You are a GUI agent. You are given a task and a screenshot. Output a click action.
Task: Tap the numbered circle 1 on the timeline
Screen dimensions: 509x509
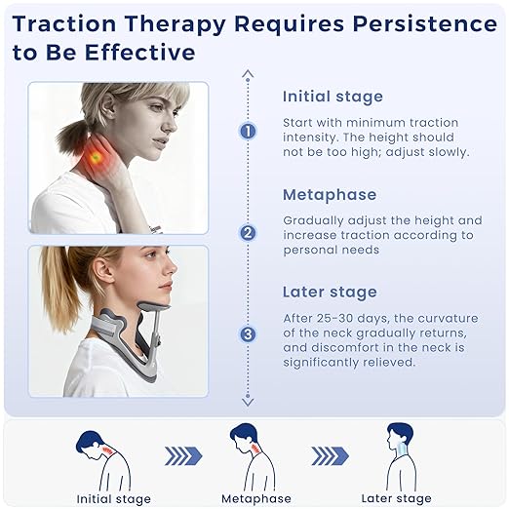248,131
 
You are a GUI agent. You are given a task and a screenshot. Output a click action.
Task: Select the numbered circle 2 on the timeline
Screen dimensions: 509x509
248,232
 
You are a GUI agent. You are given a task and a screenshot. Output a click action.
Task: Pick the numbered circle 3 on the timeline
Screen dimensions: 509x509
248,333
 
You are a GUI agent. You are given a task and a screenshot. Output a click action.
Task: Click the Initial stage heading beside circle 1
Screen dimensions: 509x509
333,97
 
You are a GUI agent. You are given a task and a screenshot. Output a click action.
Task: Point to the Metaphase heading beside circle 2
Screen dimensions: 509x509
329,195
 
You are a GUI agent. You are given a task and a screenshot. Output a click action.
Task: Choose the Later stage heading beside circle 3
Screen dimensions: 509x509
329,292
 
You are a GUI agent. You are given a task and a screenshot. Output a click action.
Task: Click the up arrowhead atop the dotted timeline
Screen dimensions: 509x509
248,74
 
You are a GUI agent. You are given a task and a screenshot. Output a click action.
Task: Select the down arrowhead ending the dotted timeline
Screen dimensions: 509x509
248,400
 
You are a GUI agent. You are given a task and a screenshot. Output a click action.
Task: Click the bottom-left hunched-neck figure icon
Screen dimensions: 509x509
102,457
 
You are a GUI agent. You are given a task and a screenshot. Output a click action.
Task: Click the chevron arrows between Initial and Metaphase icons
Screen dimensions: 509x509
181,456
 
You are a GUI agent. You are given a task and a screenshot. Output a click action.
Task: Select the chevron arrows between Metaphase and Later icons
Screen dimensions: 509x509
331,456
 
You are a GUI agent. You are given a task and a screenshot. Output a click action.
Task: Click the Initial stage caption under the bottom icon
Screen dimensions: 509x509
113,499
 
